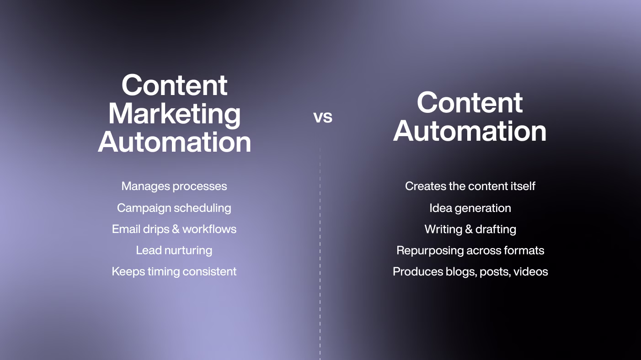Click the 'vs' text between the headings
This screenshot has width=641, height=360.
coord(323,117)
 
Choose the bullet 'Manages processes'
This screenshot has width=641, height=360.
coord(174,186)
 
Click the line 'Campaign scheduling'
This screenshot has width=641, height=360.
coord(174,208)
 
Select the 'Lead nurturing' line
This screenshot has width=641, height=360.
coord(174,250)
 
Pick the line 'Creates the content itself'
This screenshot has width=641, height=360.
coord(470,186)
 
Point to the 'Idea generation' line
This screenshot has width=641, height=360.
coord(470,208)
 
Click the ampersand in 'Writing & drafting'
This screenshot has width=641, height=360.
coord(468,229)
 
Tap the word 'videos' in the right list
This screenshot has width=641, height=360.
coord(530,272)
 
